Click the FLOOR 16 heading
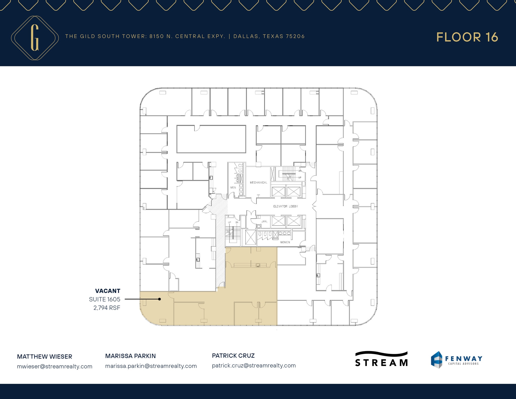pyautogui.click(x=467, y=37)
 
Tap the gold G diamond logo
pyautogui.click(x=35, y=38)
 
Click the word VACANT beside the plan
pyautogui.click(x=108, y=291)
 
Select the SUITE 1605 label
pyautogui.click(x=105, y=299)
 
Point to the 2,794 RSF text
pyautogui.click(x=107, y=308)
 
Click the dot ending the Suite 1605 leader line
pyautogui.click(x=159, y=299)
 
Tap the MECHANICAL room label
pyautogui.click(x=258, y=182)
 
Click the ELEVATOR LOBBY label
pyautogui.click(x=285, y=206)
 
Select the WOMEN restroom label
pyautogui.click(x=285, y=242)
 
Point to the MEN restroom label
pyautogui.click(x=233, y=188)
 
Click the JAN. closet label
pyautogui.click(x=264, y=221)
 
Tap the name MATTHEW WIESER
pyautogui.click(x=45, y=357)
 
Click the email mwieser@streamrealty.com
pyautogui.click(x=55, y=366)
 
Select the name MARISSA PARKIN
pyautogui.click(x=131, y=356)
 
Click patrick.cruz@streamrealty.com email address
pyautogui.click(x=254, y=365)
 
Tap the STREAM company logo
pyautogui.click(x=381, y=359)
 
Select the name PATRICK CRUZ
pyautogui.click(x=233, y=356)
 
